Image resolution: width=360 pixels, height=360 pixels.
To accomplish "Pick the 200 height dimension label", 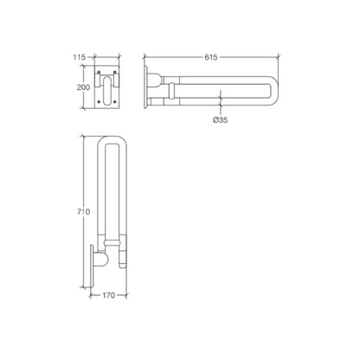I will click(x=80, y=88).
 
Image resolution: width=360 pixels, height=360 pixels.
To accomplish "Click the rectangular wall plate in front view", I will click(x=108, y=88).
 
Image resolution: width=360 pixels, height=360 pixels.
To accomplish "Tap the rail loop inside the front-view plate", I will click(x=109, y=89).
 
